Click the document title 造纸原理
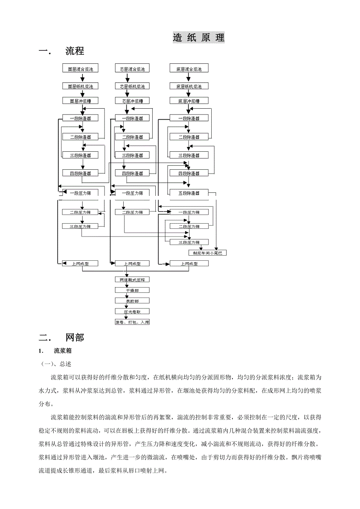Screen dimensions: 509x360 coord(199,38)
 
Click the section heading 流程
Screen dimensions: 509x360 coord(75,51)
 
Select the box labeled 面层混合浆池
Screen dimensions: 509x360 coord(80,69)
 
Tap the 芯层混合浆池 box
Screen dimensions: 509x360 coord(132,69)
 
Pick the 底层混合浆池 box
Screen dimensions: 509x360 coord(189,69)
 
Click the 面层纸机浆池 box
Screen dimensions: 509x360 coord(80,86)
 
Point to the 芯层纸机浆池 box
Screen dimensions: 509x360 coord(132,86)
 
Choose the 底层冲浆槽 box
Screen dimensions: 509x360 coord(189,101)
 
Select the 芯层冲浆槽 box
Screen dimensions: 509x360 coord(132,101)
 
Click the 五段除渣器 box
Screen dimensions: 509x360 coord(189,193)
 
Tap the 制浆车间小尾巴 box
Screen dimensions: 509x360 coord(207,253)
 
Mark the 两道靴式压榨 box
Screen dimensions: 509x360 coord(132,280)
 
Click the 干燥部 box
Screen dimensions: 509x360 coord(132,290)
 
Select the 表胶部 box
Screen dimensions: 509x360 coord(132,301)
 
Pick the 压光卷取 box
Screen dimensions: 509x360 coord(132,312)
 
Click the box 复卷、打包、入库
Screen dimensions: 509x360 coord(132,323)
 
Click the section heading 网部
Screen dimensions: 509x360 coord(75,337)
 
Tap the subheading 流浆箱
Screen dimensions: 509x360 coord(63,350)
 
